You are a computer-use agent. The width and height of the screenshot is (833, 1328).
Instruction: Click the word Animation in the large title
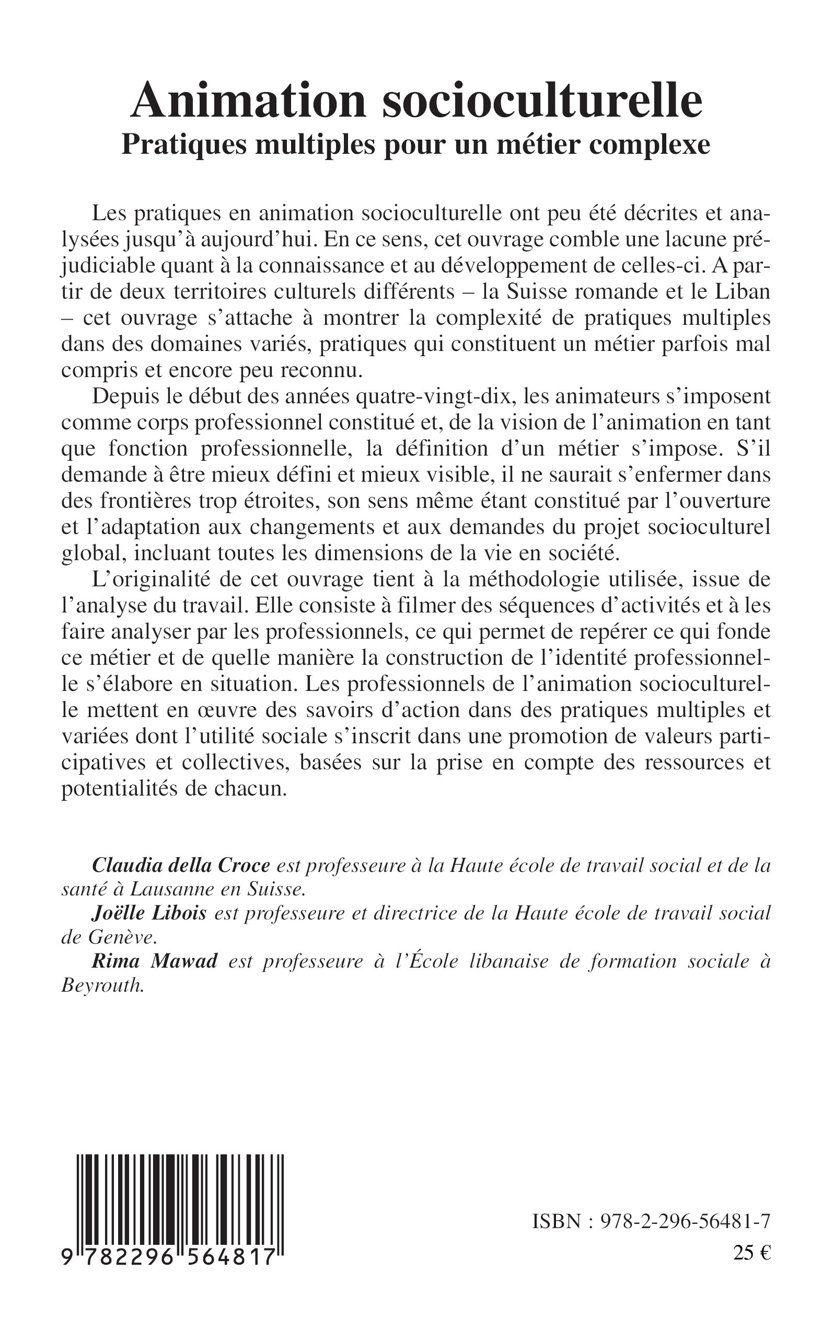(248, 101)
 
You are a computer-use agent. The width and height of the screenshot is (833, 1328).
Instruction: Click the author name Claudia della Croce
(181, 866)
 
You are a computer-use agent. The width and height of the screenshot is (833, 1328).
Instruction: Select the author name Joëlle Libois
(149, 913)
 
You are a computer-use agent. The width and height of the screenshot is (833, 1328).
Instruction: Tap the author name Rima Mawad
(154, 961)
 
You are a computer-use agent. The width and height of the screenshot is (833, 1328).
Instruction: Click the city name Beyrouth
(103, 985)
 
